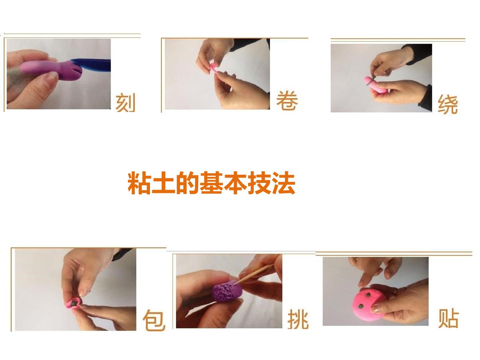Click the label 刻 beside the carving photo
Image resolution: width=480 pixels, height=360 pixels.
click(x=125, y=102)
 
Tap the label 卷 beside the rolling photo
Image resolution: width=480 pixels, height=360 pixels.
click(x=287, y=100)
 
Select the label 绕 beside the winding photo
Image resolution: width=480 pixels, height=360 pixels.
click(x=448, y=104)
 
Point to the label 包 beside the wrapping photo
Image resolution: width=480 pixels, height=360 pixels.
click(x=154, y=320)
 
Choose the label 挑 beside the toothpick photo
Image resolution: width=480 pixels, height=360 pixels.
click(x=298, y=319)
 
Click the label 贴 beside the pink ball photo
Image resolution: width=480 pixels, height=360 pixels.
click(x=448, y=318)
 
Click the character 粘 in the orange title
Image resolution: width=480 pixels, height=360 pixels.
click(x=139, y=183)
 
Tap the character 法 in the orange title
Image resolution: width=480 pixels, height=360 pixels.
click(x=284, y=183)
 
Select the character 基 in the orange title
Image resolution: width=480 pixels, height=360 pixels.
click(x=211, y=183)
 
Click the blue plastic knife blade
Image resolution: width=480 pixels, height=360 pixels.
click(x=92, y=65)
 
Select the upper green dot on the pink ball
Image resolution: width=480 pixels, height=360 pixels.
click(x=368, y=295)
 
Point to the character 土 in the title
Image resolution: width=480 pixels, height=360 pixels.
click(x=163, y=183)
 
